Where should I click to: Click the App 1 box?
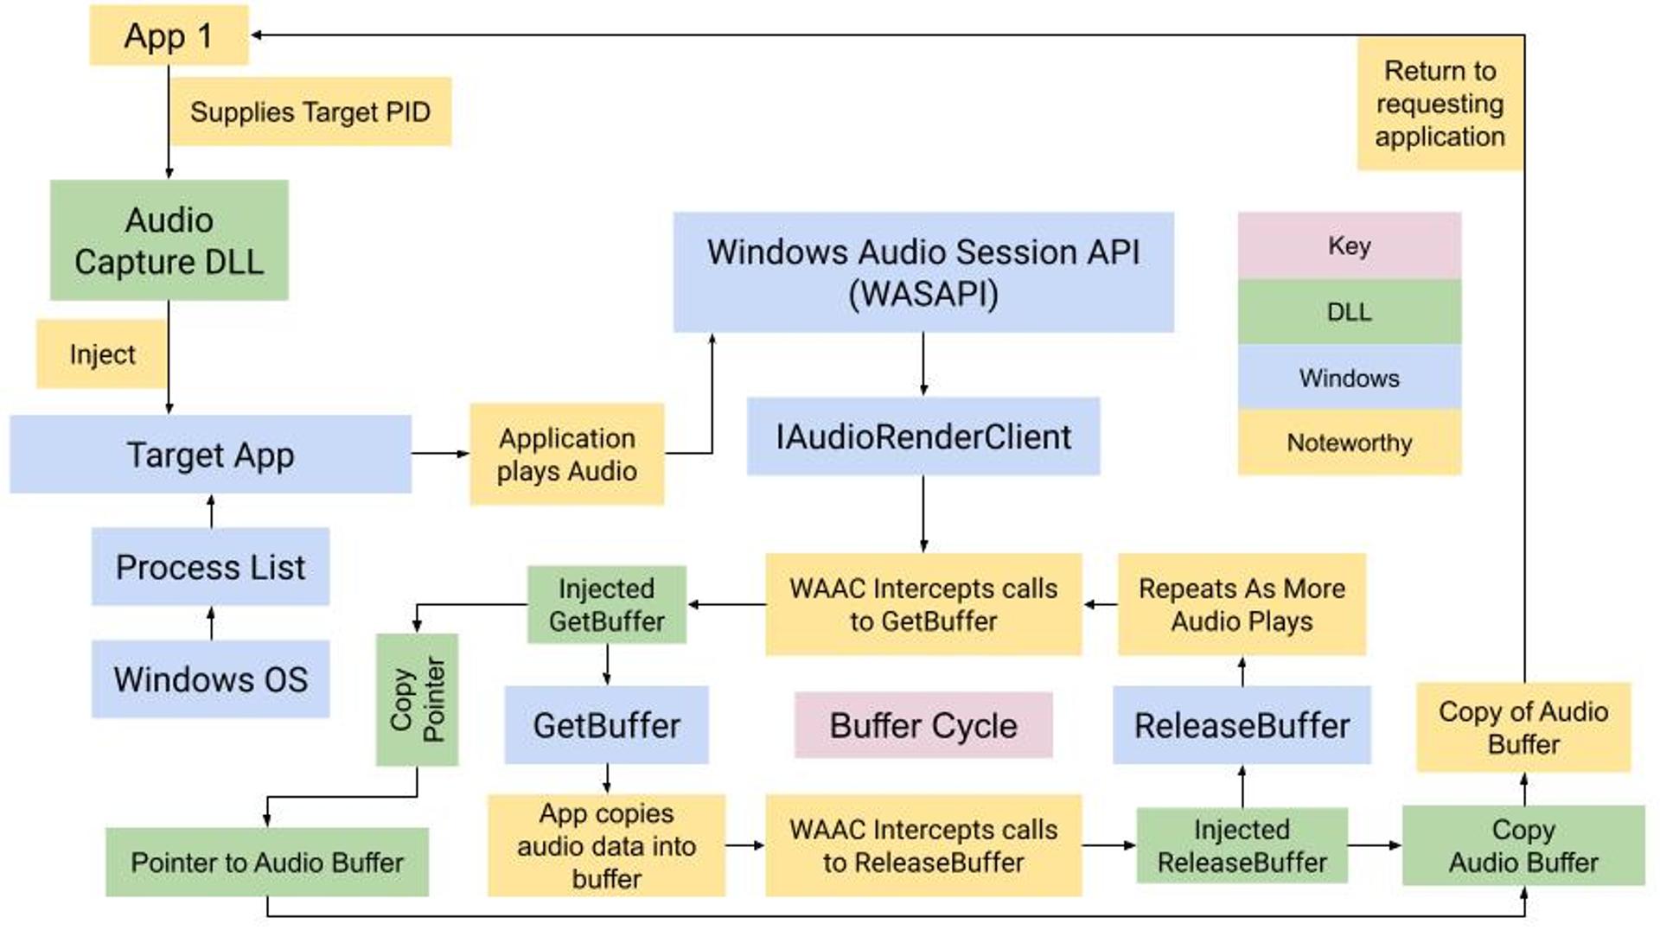169,35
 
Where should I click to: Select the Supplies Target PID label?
310,111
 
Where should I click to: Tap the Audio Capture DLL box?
169,240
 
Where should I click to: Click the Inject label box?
102,354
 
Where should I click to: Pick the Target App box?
210,454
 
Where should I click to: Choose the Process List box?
210,566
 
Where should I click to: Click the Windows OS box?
210,678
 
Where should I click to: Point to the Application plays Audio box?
566,454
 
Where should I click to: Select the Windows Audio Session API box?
923,272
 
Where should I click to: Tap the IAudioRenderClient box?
923,436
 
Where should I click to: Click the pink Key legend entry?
1349,245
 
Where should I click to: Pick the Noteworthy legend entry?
1349,443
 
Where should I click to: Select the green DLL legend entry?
1349,311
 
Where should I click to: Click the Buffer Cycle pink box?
923,725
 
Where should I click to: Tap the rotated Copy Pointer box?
417,699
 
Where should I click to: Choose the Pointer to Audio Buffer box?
266,862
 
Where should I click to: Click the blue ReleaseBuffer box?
1242,725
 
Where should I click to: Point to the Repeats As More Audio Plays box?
1242,604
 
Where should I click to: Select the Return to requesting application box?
1440,104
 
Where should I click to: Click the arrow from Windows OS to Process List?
211,622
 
